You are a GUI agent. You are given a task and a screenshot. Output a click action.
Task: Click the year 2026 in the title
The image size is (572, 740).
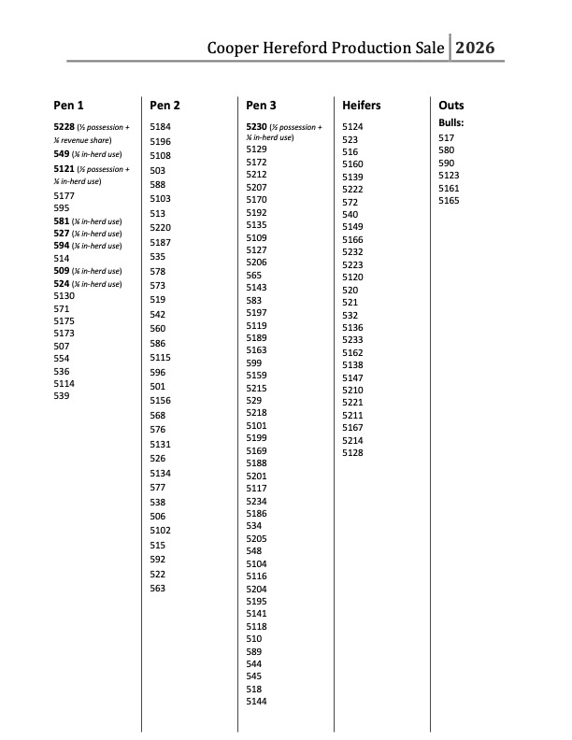pyautogui.click(x=475, y=48)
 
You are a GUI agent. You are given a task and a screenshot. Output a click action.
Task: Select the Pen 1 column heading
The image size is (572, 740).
pyautogui.click(x=69, y=106)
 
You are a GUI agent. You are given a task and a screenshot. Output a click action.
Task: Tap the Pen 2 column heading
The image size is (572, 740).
pyautogui.click(x=165, y=106)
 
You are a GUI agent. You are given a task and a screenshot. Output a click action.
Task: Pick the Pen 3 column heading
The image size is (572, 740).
pyautogui.click(x=261, y=106)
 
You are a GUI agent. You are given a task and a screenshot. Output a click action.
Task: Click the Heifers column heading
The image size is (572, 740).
pyautogui.click(x=362, y=106)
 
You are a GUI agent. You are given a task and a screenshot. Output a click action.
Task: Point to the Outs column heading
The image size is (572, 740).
pyautogui.click(x=451, y=106)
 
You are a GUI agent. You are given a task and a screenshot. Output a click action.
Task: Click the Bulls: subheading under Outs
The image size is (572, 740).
pyautogui.click(x=451, y=123)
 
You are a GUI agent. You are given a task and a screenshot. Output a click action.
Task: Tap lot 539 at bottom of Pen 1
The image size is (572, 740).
pyautogui.click(x=62, y=395)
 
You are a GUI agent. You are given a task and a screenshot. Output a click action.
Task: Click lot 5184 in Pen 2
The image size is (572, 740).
pyautogui.click(x=161, y=126)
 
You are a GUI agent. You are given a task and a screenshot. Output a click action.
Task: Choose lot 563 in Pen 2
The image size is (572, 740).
pyautogui.click(x=158, y=588)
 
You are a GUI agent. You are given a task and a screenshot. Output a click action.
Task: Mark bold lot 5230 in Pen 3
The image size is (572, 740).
pyautogui.click(x=257, y=126)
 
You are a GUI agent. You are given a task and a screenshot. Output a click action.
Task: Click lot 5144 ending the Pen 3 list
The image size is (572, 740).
pyautogui.click(x=256, y=701)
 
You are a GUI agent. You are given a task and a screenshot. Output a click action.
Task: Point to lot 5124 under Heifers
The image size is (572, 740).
pyautogui.click(x=352, y=126)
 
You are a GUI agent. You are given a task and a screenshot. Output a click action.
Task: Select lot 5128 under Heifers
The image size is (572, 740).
pyautogui.click(x=352, y=452)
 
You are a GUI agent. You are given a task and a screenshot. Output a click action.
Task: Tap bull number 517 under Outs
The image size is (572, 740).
pyautogui.click(x=446, y=137)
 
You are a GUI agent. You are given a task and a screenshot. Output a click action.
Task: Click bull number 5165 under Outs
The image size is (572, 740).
pyautogui.click(x=449, y=200)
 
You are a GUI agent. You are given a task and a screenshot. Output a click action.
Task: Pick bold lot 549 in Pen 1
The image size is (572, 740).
pyautogui.click(x=62, y=153)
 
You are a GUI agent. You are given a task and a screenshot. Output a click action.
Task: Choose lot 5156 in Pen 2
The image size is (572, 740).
pyautogui.click(x=161, y=400)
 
